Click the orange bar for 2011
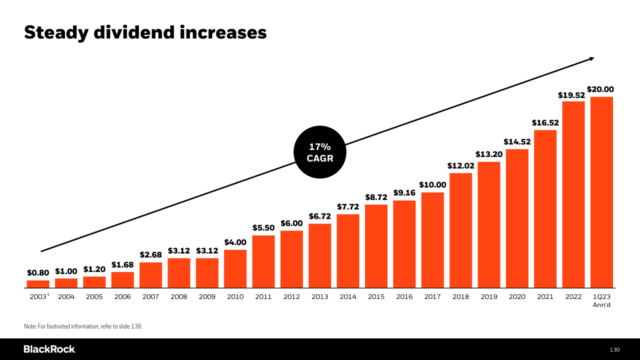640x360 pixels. (x=263, y=261)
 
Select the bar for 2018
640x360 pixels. (x=460, y=230)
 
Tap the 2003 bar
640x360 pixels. (x=38, y=284)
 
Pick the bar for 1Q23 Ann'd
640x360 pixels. (x=601, y=192)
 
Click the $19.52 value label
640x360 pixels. (x=571, y=95)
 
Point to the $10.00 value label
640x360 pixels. (x=432, y=185)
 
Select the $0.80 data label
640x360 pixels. (x=38, y=273)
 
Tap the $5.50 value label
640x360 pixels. (x=263, y=228)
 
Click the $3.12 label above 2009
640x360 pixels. (x=207, y=251)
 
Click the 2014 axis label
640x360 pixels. (x=348, y=297)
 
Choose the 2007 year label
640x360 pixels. (x=150, y=297)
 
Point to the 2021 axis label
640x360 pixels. (x=545, y=297)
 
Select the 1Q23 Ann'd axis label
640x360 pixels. (x=601, y=300)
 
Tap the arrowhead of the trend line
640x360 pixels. (x=591, y=59)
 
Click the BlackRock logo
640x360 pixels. (x=49, y=349)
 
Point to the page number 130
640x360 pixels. (x=614, y=349)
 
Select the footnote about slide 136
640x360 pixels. (x=83, y=326)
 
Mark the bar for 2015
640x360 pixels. (x=376, y=246)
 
